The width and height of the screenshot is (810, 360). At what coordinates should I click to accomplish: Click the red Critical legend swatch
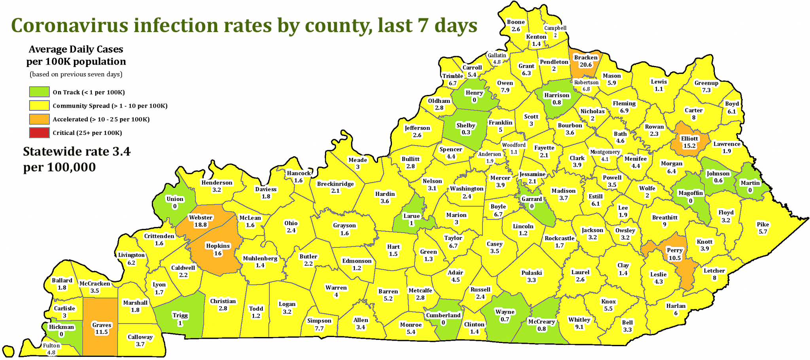tap(39, 133)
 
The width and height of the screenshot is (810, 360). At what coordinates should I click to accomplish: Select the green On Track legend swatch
tap(39, 92)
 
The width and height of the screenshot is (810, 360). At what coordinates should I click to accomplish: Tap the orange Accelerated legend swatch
tap(39, 119)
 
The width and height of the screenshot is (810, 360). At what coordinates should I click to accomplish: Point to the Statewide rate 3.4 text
tap(76, 152)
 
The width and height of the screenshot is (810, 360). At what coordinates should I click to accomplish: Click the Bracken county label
tap(586, 57)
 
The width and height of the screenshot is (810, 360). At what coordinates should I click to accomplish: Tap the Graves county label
tap(102, 325)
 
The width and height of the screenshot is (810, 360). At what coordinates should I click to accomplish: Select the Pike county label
tap(763, 224)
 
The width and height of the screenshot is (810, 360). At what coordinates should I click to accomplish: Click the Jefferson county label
tap(417, 128)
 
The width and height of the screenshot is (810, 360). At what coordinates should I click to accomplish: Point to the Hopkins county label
tap(218, 246)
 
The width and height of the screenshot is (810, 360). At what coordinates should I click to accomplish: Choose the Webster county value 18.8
tap(201, 225)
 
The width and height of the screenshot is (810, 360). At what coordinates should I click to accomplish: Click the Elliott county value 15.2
tap(689, 146)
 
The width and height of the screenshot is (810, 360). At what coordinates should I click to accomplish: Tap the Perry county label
tap(674, 250)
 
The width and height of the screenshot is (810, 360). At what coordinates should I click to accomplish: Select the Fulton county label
tap(51, 345)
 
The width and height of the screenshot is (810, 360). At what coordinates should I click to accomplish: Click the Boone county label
tap(516, 22)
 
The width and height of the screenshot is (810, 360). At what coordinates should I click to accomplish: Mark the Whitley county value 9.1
tap(579, 327)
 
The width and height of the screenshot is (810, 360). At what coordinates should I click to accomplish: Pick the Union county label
tap(175, 199)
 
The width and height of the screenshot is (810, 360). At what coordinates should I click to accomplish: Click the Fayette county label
tap(544, 148)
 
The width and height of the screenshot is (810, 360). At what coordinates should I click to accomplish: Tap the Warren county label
tap(336, 288)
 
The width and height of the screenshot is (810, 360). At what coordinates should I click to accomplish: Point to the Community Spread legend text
tap(110, 106)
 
